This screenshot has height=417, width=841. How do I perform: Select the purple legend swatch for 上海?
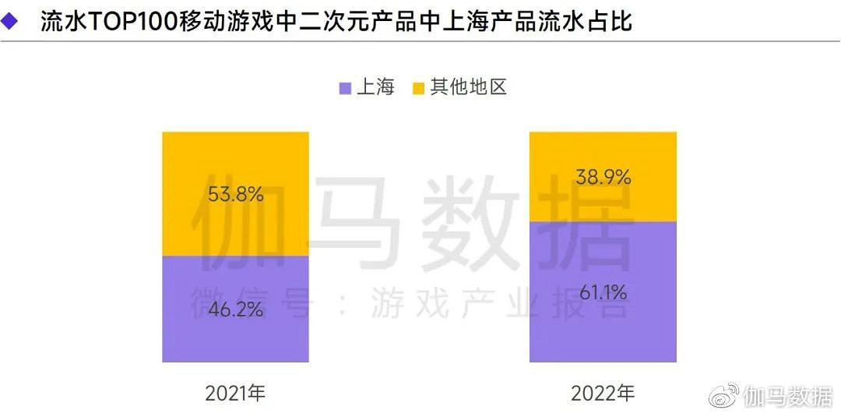click(x=346, y=87)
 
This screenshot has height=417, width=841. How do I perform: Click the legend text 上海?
click(x=375, y=87)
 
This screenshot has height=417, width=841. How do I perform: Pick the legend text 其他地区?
click(x=469, y=87)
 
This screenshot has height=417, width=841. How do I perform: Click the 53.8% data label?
click(x=235, y=194)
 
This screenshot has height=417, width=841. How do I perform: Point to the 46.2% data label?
click(x=235, y=309)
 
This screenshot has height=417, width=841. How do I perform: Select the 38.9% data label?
click(x=603, y=178)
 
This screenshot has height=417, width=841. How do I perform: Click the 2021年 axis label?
click(x=235, y=393)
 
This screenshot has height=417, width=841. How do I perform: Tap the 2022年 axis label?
click(x=603, y=393)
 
